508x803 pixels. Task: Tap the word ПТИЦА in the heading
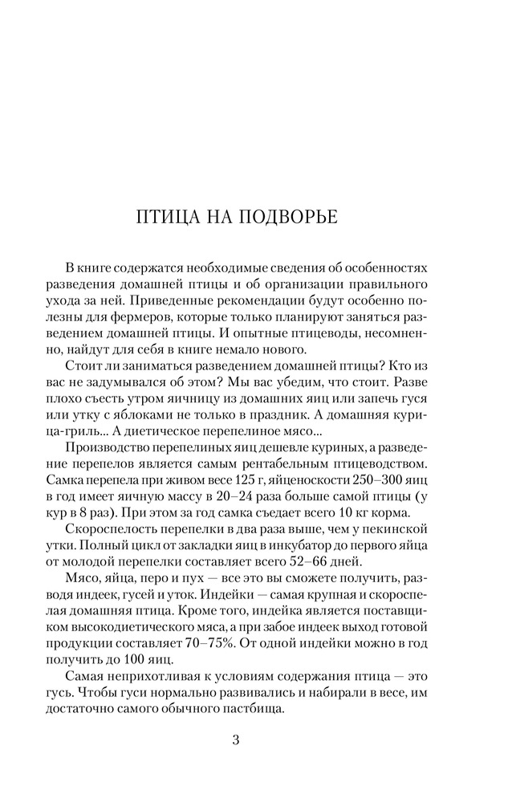[166, 218]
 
